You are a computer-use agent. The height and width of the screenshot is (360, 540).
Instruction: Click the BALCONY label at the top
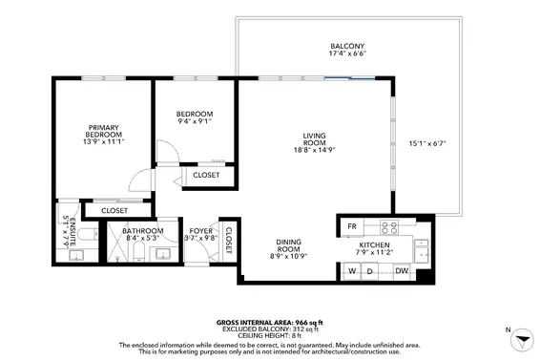[347, 47]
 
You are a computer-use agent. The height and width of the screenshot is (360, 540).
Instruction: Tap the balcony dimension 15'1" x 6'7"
[427, 144]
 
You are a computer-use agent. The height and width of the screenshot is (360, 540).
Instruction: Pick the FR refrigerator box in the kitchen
[352, 226]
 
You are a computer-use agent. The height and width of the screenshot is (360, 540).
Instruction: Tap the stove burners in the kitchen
[389, 227]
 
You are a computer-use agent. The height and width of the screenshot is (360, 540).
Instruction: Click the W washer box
[352, 272]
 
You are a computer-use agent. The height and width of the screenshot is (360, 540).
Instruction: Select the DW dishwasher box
[402, 272]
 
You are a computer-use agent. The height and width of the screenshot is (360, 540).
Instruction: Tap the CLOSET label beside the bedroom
[207, 175]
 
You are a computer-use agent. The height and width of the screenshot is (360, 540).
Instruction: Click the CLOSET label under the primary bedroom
[114, 210]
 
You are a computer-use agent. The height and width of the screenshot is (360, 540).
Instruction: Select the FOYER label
[200, 231]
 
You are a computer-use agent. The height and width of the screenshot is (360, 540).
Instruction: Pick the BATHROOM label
[143, 231]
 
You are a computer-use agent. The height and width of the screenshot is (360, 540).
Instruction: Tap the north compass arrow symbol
[519, 341]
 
